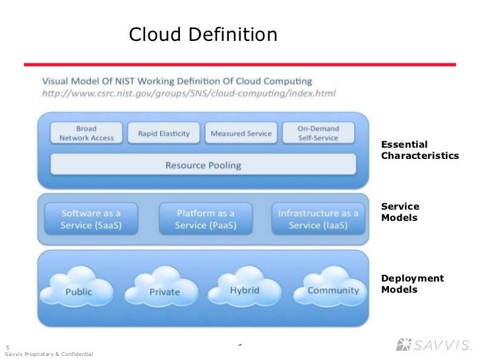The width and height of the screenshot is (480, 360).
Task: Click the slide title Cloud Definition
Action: point(203,34)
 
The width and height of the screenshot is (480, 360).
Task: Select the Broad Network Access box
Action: point(86,133)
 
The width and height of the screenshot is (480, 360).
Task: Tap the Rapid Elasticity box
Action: point(164,133)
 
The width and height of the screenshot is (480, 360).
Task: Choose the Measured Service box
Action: point(241,133)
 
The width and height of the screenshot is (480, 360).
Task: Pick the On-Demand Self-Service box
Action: point(318,133)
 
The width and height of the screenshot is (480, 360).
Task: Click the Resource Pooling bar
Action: point(202,164)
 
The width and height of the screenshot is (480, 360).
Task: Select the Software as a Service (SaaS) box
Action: point(91,219)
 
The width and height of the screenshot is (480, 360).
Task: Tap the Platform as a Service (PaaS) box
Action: point(205,219)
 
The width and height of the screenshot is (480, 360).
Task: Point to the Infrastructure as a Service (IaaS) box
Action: point(318,219)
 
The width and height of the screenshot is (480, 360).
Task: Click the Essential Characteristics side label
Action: point(419,150)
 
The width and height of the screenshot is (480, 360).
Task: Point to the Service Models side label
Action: point(400,212)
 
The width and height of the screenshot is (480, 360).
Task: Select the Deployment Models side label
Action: point(412,284)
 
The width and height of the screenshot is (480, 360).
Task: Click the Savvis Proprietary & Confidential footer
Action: point(49,355)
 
